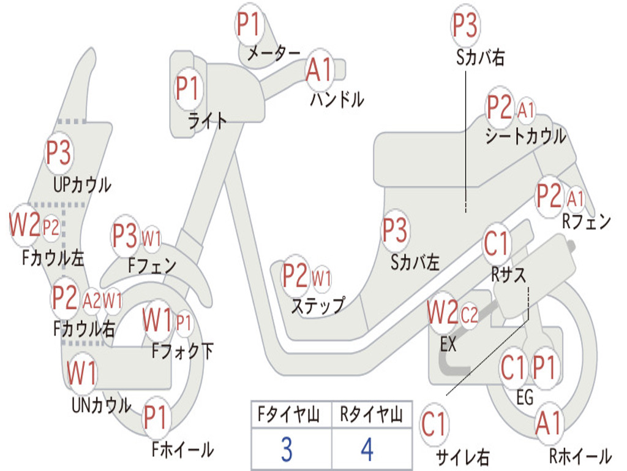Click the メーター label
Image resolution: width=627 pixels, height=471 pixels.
click(x=273, y=54)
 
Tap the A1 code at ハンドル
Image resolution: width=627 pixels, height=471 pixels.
click(x=319, y=69)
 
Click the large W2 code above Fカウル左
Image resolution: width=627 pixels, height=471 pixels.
click(x=24, y=225)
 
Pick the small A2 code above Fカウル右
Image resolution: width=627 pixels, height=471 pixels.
click(x=92, y=300)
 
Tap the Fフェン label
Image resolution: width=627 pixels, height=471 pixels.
click(x=152, y=266)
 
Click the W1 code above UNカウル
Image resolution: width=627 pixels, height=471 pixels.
click(x=82, y=373)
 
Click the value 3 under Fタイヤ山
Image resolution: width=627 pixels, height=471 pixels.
click(x=286, y=450)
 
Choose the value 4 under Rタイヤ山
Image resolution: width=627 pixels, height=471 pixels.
click(x=367, y=450)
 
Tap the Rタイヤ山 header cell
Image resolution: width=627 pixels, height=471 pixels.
click(x=371, y=416)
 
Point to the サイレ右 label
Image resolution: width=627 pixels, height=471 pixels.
click(x=462, y=456)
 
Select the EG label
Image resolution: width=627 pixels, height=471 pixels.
click(x=525, y=398)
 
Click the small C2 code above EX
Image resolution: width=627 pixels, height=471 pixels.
click(x=469, y=316)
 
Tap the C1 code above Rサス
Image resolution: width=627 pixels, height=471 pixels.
click(x=497, y=243)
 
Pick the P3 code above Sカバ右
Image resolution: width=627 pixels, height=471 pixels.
click(x=465, y=26)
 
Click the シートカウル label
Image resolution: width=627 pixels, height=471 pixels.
click(x=525, y=136)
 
